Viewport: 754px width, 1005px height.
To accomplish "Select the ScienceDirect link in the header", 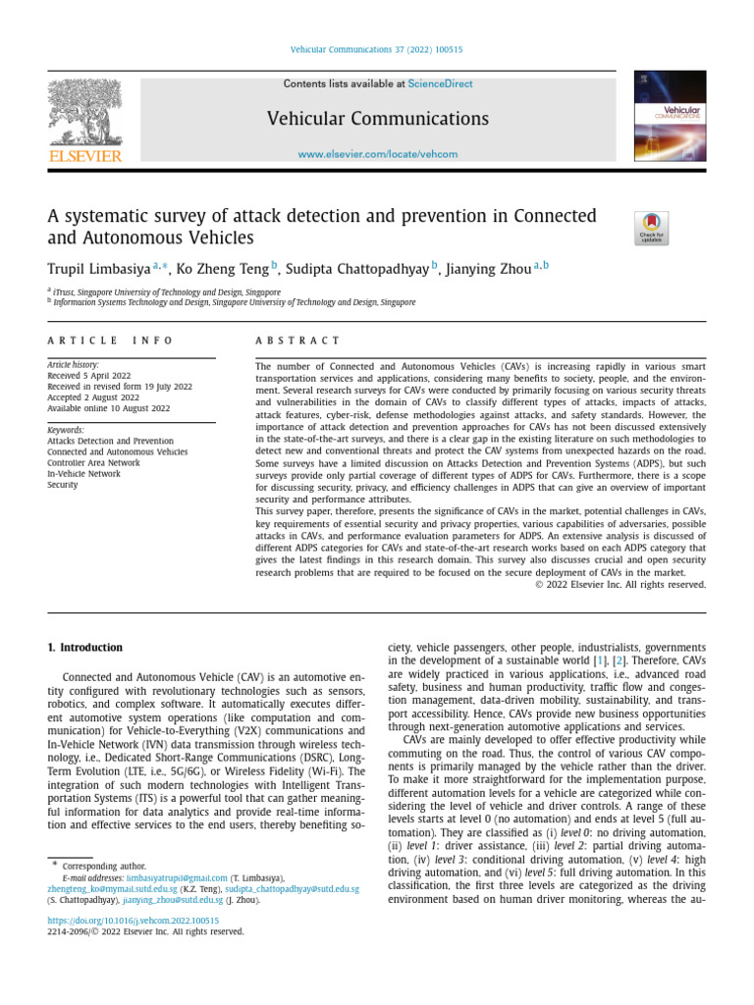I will [440, 84].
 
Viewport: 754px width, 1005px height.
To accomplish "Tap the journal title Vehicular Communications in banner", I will [378, 119].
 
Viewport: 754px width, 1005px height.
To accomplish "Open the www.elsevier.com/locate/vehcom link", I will [378, 154].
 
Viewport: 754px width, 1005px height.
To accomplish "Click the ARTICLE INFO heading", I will [110, 341].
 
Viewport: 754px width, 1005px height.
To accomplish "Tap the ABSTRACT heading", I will [297, 341].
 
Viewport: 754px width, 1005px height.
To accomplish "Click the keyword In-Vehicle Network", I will [84, 474].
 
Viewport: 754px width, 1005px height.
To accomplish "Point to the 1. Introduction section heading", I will [85, 648].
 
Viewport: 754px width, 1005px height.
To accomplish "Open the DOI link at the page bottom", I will [133, 921].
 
